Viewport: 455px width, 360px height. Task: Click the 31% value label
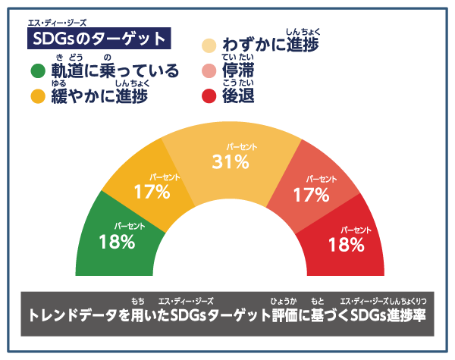click(x=231, y=161)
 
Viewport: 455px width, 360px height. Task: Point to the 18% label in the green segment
click(x=117, y=243)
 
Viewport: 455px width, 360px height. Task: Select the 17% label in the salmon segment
click(x=311, y=195)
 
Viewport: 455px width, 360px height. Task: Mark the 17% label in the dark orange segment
click(x=152, y=192)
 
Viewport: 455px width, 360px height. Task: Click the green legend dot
click(x=37, y=73)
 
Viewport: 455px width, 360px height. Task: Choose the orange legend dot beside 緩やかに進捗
click(x=37, y=96)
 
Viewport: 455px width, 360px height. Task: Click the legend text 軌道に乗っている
click(x=115, y=72)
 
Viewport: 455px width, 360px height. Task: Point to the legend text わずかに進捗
click(x=270, y=45)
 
